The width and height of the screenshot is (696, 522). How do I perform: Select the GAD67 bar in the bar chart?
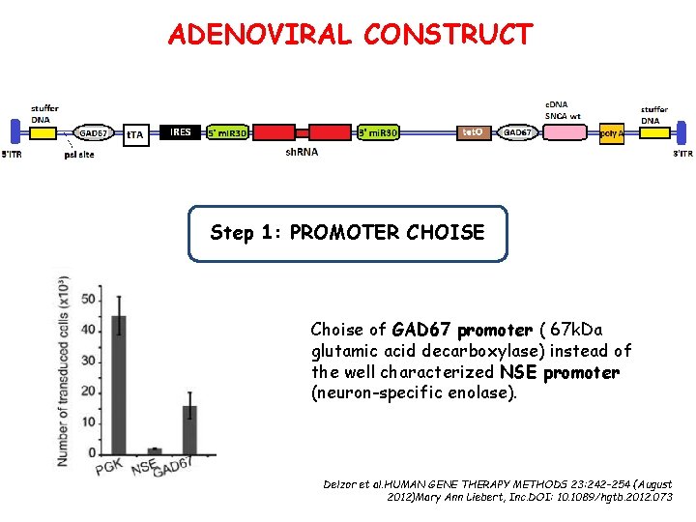pyautogui.click(x=189, y=429)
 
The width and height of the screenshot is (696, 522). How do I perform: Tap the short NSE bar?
pyautogui.click(x=155, y=449)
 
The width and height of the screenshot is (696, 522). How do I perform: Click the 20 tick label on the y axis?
pyautogui.click(x=89, y=391)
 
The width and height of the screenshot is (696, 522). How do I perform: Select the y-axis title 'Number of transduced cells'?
pyautogui.click(x=63, y=369)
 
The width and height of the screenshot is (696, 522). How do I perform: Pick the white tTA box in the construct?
pyautogui.click(x=135, y=134)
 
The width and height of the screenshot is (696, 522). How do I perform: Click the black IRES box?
pyautogui.click(x=181, y=132)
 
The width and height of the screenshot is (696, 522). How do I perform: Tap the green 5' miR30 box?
pyautogui.click(x=227, y=132)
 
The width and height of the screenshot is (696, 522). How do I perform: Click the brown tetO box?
pyautogui.click(x=473, y=132)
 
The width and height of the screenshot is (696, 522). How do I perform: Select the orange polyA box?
pyautogui.click(x=611, y=133)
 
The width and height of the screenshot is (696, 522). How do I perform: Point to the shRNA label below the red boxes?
pyautogui.click(x=303, y=152)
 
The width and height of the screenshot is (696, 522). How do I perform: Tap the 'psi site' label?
pyautogui.click(x=79, y=153)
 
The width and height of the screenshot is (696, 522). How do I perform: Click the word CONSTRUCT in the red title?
pyautogui.click(x=448, y=35)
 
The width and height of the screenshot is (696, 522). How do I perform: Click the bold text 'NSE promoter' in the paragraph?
pyautogui.click(x=560, y=372)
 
